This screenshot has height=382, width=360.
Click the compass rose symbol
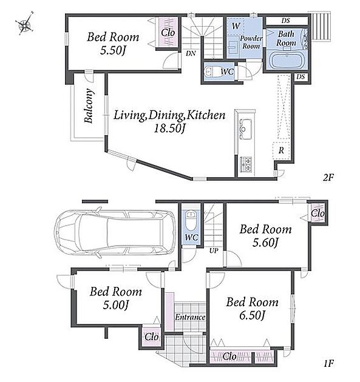[25, 24]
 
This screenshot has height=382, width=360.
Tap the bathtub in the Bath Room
[287, 60]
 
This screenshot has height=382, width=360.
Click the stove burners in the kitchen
[246, 165]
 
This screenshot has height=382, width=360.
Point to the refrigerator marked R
[281, 150]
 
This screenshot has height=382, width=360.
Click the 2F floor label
[328, 177]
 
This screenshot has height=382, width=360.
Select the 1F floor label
[328, 364]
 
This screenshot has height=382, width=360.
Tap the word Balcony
[89, 106]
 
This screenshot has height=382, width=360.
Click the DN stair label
[191, 53]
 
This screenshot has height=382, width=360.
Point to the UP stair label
[214, 250]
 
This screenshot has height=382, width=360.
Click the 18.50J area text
[169, 128]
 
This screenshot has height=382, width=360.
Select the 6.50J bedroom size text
[252, 315]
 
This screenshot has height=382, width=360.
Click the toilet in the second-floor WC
[212, 72]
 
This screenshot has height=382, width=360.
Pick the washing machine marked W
[236, 27]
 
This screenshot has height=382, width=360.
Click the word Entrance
[190, 317]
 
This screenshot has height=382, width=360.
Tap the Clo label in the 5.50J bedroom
[168, 32]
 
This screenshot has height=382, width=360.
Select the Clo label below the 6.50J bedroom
[229, 357]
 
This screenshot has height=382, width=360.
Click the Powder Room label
[251, 42]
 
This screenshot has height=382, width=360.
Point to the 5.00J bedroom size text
[115, 305]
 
